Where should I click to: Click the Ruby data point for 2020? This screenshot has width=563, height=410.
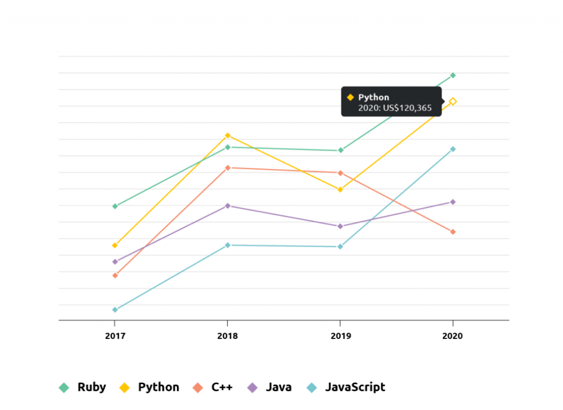pyautogui.click(x=453, y=75)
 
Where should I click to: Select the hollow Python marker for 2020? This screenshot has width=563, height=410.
pyautogui.click(x=453, y=102)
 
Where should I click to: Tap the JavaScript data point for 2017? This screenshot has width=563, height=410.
pyautogui.click(x=115, y=310)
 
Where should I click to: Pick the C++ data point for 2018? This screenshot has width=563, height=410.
pyautogui.click(x=228, y=168)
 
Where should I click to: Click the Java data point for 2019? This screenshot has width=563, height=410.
pyautogui.click(x=340, y=226)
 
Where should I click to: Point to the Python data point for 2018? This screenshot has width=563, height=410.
pyautogui.click(x=228, y=135)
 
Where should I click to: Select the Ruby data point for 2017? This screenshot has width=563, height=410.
pyautogui.click(x=115, y=206)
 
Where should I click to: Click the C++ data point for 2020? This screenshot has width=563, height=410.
pyautogui.click(x=453, y=232)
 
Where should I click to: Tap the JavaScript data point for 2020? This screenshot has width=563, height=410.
pyautogui.click(x=453, y=149)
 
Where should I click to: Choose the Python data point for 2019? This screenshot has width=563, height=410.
pyautogui.click(x=340, y=190)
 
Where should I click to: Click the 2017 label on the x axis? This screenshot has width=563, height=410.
pyautogui.click(x=115, y=336)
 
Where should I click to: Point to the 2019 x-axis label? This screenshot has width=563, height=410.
pyautogui.click(x=341, y=336)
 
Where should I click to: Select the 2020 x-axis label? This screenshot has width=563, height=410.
pyautogui.click(x=452, y=336)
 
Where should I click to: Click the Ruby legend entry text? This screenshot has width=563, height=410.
pyautogui.click(x=92, y=387)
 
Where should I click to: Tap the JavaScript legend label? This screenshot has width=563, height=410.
pyautogui.click(x=355, y=387)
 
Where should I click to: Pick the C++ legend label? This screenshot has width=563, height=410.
pyautogui.click(x=222, y=387)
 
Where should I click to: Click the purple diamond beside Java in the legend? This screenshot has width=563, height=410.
pyautogui.click(x=252, y=388)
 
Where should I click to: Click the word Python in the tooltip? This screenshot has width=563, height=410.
pyautogui.click(x=373, y=97)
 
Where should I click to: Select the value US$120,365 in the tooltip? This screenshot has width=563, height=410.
pyautogui.click(x=407, y=108)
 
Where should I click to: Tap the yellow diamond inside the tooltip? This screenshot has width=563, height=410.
pyautogui.click(x=350, y=97)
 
